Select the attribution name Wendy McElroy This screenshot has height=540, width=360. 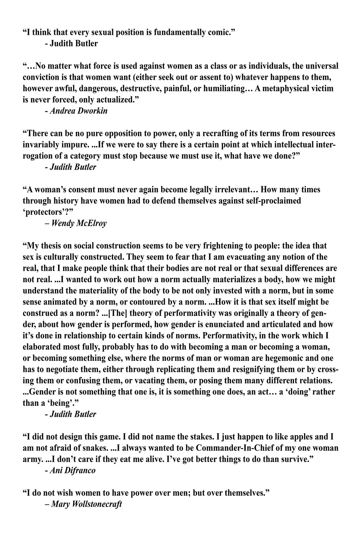pos(79,223)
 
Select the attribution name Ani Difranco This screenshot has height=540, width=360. pos(72,470)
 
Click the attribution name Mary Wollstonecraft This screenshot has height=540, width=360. pos(86,504)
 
